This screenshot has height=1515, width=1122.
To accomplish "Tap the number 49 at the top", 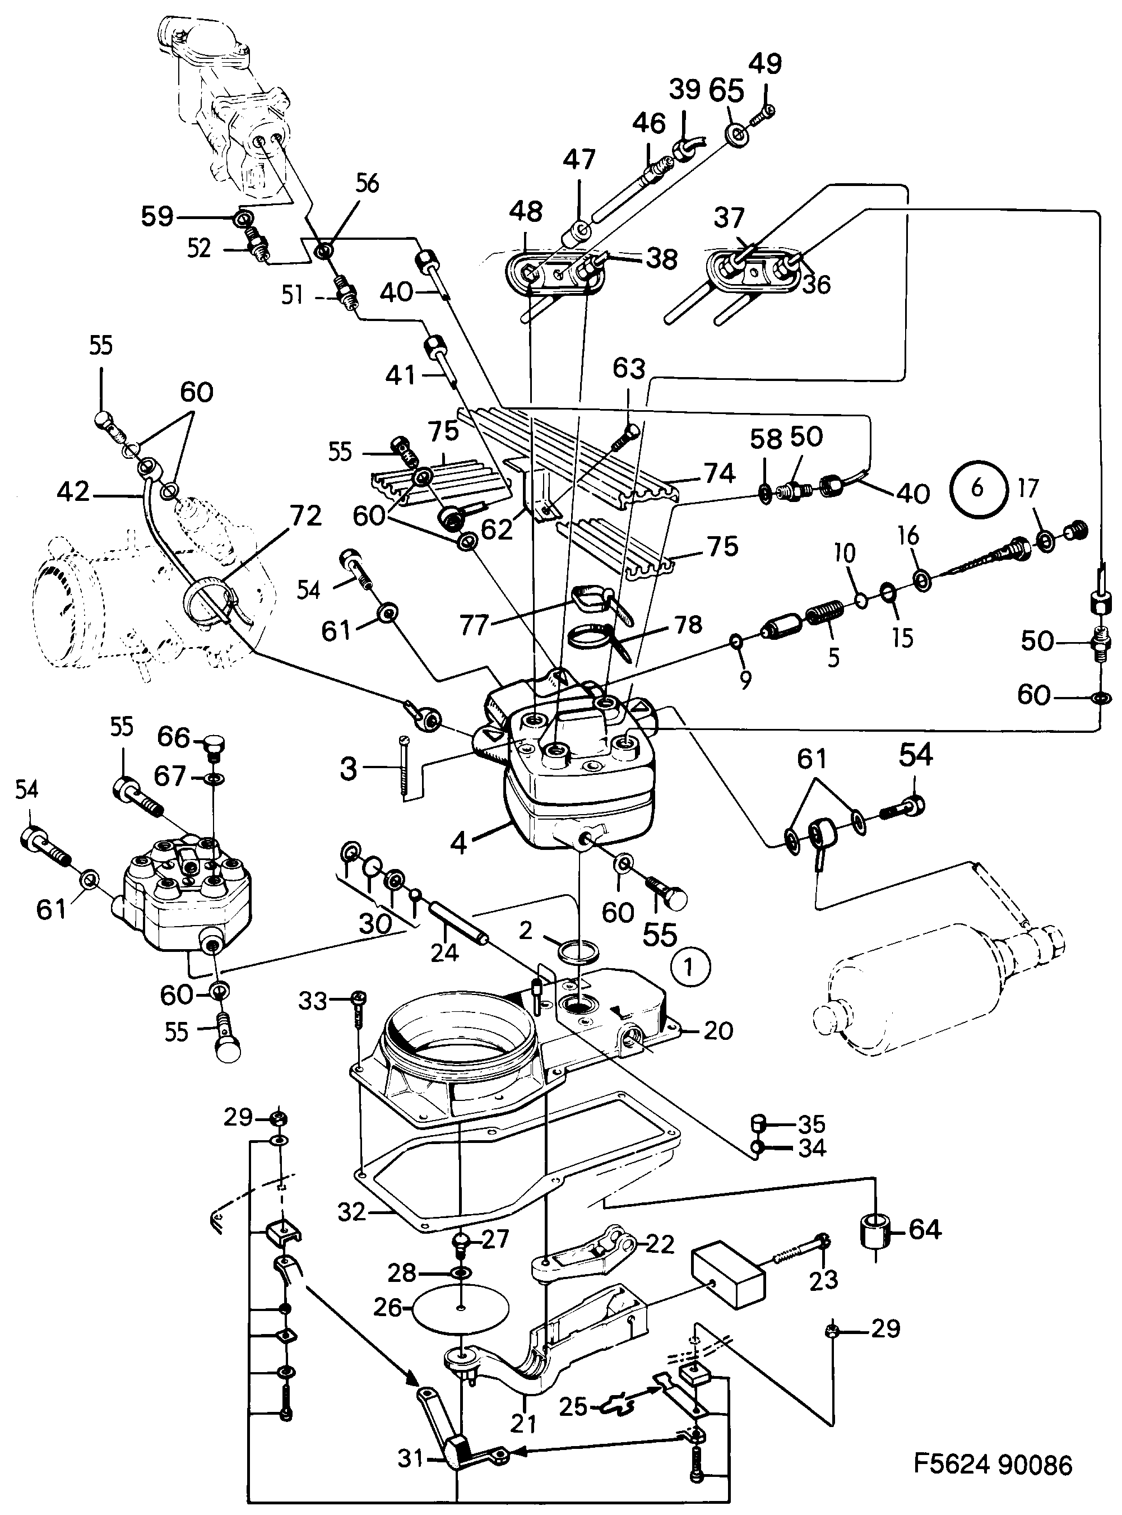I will [765, 64].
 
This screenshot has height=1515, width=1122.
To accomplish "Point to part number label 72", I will [305, 516].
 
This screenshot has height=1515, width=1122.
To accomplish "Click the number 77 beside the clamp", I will [474, 625].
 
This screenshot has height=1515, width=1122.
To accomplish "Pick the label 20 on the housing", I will [718, 1031].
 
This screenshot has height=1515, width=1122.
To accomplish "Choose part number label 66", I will [174, 737].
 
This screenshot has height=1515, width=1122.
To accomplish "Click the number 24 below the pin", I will [444, 952].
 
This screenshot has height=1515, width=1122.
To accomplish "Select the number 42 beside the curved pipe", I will [73, 491].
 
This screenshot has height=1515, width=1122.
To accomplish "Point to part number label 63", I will [628, 369].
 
